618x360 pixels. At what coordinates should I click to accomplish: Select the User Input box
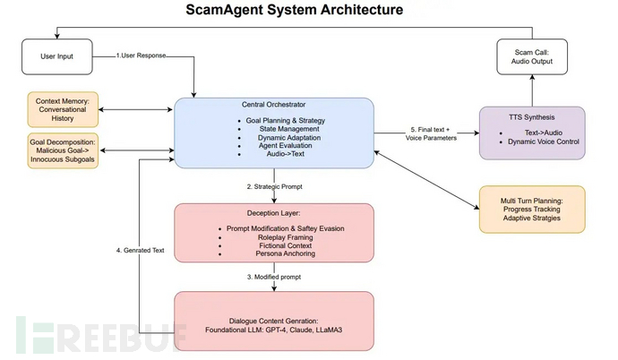58,57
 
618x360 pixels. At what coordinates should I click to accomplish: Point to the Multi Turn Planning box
532,209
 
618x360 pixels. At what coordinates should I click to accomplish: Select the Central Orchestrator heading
272,106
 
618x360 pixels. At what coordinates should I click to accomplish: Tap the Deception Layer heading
272,214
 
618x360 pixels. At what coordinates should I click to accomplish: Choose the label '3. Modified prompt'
273,278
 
